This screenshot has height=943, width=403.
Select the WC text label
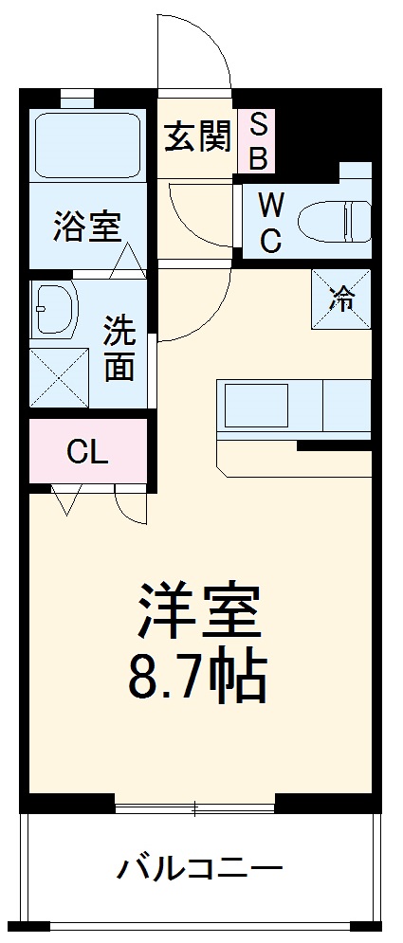point(269,222)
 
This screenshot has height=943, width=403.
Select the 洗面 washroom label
point(119,347)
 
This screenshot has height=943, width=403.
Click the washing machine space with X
point(58,376)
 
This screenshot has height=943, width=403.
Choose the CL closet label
point(86,452)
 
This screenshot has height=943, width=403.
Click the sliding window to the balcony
point(194,808)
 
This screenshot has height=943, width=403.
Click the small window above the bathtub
point(77,96)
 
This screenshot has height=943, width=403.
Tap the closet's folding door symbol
point(66,499)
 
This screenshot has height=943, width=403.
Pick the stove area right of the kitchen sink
point(347,406)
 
